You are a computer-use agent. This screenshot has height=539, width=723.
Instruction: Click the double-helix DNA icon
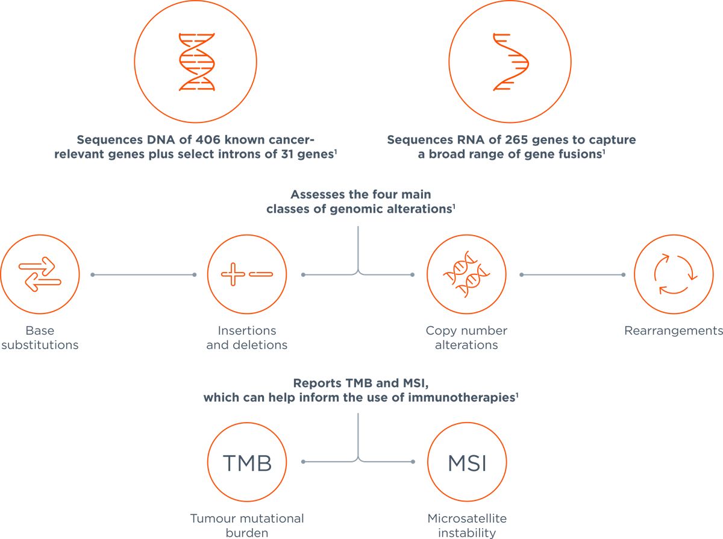(196, 62)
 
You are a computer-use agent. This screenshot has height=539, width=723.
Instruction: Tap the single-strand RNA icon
(510, 62)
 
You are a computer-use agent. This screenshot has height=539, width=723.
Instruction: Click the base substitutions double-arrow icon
(40, 274)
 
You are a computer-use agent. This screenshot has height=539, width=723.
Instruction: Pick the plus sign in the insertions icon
(233, 274)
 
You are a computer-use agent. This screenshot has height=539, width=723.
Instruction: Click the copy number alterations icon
(466, 274)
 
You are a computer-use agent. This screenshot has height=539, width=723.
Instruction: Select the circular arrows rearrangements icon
(673, 274)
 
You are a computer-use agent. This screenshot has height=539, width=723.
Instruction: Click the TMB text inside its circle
(246, 463)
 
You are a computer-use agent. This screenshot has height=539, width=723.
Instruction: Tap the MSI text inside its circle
(466, 463)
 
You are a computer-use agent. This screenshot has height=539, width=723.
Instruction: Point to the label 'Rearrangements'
(673, 330)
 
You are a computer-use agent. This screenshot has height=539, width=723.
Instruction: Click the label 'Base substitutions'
(40, 338)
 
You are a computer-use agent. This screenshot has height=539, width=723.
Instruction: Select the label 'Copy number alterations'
(466, 338)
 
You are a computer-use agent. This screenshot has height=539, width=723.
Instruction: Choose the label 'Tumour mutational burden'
(247, 525)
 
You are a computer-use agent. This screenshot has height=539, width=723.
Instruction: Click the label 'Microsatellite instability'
(466, 525)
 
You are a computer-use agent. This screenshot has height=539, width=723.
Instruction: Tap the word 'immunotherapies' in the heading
(471, 399)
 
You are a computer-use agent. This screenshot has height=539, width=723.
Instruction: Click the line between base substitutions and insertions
(143, 275)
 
